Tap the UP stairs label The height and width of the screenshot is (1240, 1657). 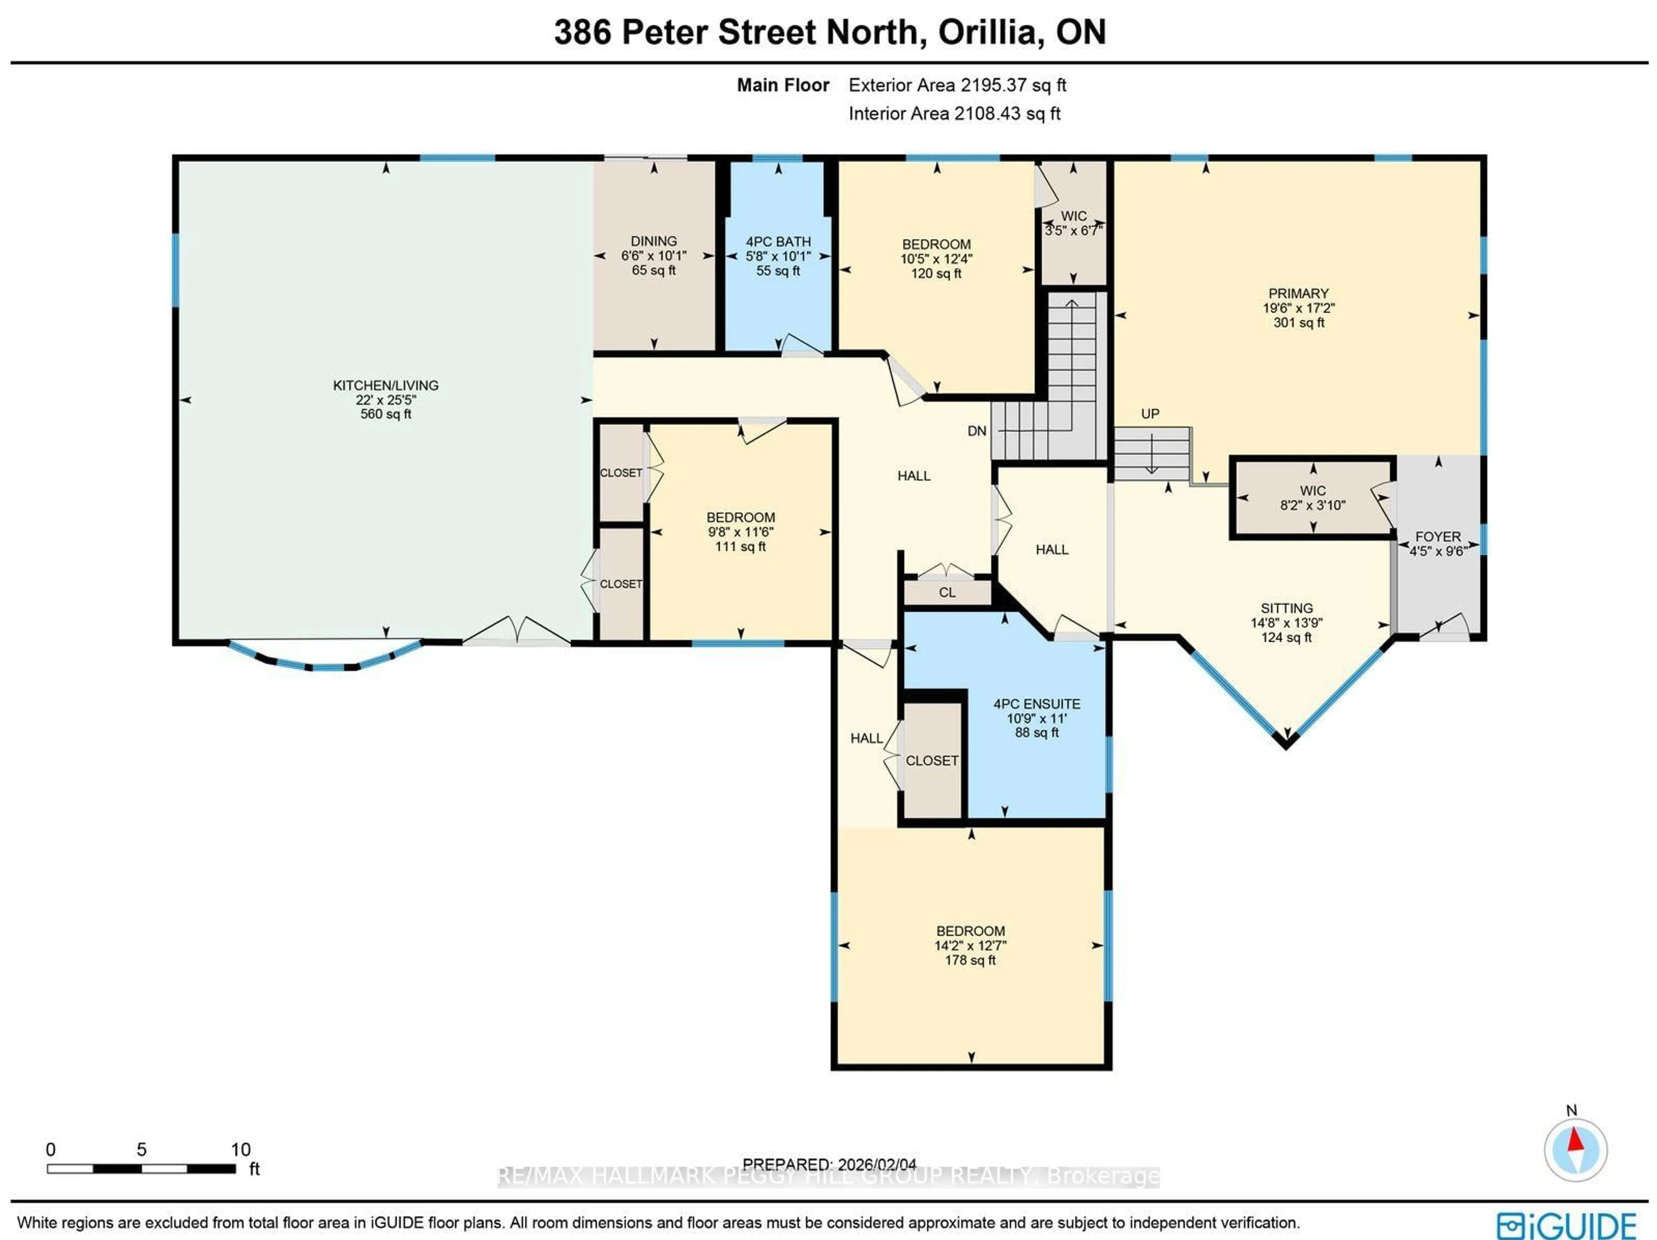[x=1150, y=413]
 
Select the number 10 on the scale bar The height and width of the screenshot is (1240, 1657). [x=240, y=1149]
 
